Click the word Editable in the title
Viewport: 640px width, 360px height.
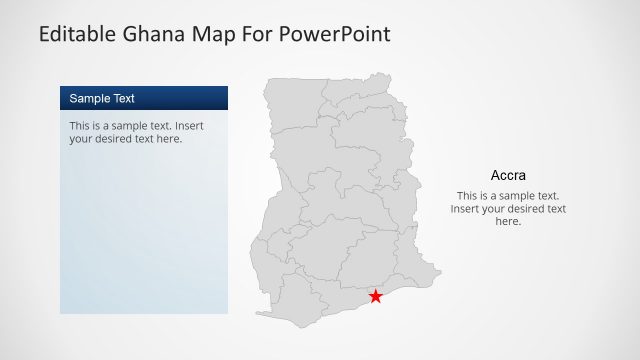click(80, 34)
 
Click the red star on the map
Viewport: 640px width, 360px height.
click(375, 296)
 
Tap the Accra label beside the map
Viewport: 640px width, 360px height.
click(508, 174)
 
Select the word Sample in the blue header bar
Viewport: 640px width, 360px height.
click(88, 98)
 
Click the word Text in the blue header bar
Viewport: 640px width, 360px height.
click(122, 98)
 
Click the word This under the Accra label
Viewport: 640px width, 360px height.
click(468, 196)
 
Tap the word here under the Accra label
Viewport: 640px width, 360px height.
click(508, 222)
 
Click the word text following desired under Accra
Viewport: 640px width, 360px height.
click(554, 209)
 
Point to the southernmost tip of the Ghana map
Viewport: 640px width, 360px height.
click(300, 327)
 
